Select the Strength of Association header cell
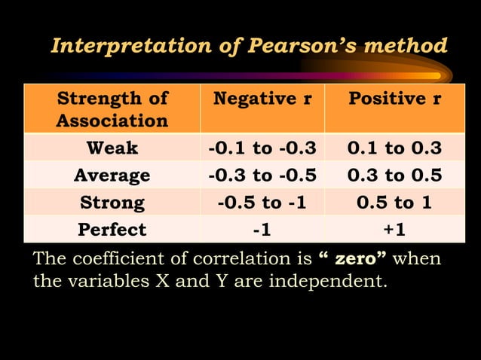(x=112, y=109)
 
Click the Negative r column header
(x=262, y=99)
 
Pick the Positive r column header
(x=394, y=99)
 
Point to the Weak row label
(x=112, y=148)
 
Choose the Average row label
(x=112, y=175)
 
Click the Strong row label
(x=112, y=203)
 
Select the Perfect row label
(x=112, y=229)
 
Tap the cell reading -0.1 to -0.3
(x=262, y=148)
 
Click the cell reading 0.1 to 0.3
(x=394, y=148)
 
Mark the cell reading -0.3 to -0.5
(x=262, y=175)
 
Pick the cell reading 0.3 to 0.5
(x=394, y=175)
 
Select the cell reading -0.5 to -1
(x=262, y=203)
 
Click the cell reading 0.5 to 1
(x=394, y=203)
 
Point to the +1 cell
(x=394, y=229)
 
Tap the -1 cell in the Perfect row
(x=262, y=229)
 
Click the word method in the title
(x=408, y=46)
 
